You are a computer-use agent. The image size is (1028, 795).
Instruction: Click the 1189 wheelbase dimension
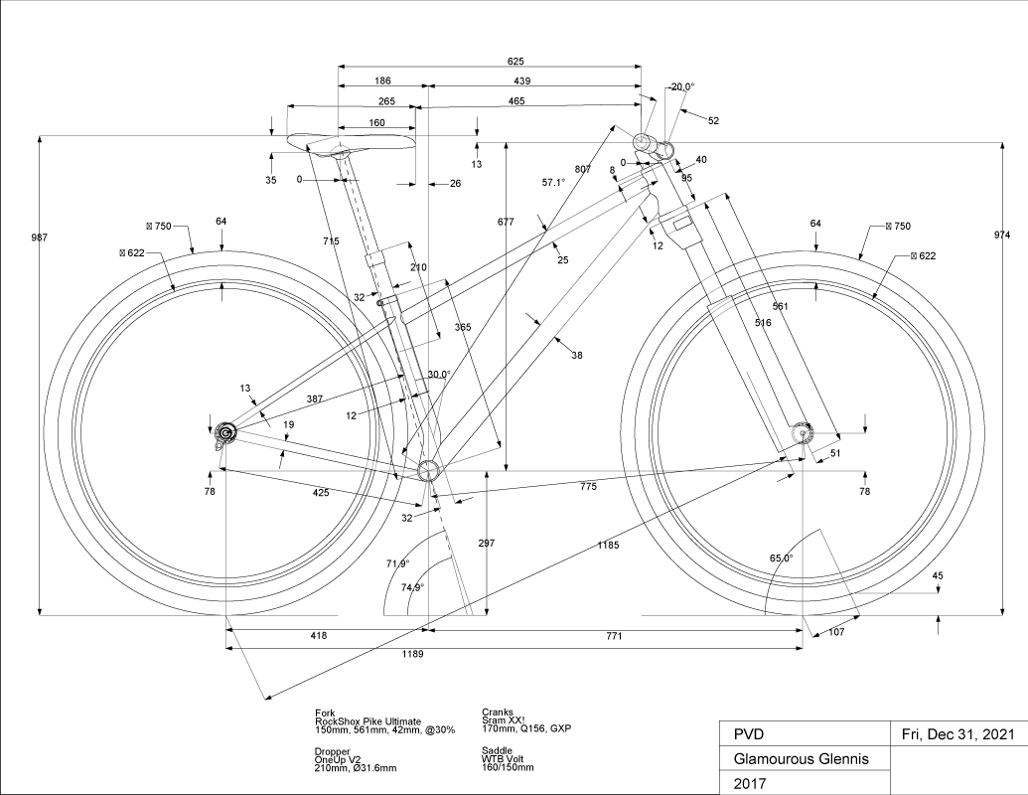(x=411, y=654)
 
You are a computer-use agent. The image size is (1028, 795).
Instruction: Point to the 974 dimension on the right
(x=1001, y=235)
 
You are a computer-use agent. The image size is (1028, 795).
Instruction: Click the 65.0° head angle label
(x=782, y=558)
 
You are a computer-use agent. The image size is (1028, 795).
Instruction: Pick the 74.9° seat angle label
(x=412, y=587)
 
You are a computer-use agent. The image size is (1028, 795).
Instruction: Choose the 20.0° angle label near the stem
(x=682, y=86)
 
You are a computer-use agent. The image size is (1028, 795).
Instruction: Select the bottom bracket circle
(x=428, y=470)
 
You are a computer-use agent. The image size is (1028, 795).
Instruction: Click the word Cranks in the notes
(x=498, y=713)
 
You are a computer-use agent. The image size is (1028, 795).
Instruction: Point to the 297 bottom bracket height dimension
(x=486, y=544)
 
